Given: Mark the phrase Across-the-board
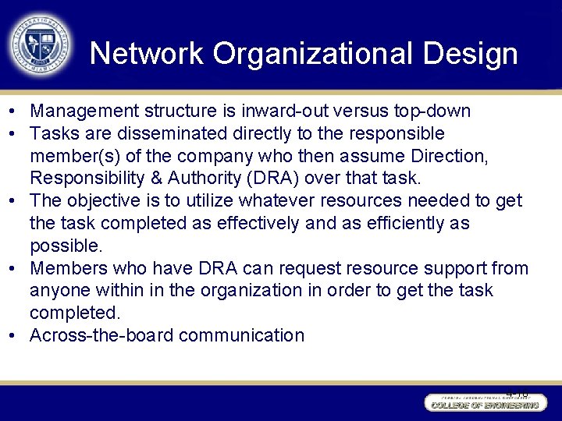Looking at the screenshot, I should pos(101,335).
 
